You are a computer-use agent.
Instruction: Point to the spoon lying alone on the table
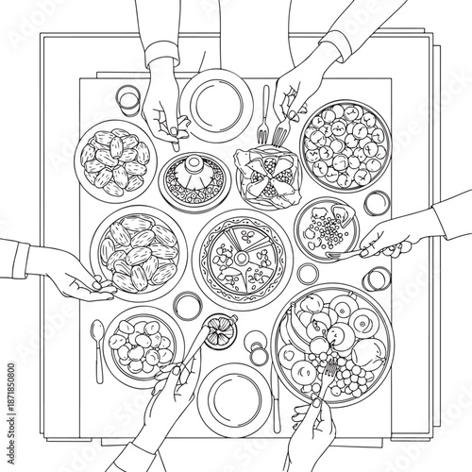tap(97, 345)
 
